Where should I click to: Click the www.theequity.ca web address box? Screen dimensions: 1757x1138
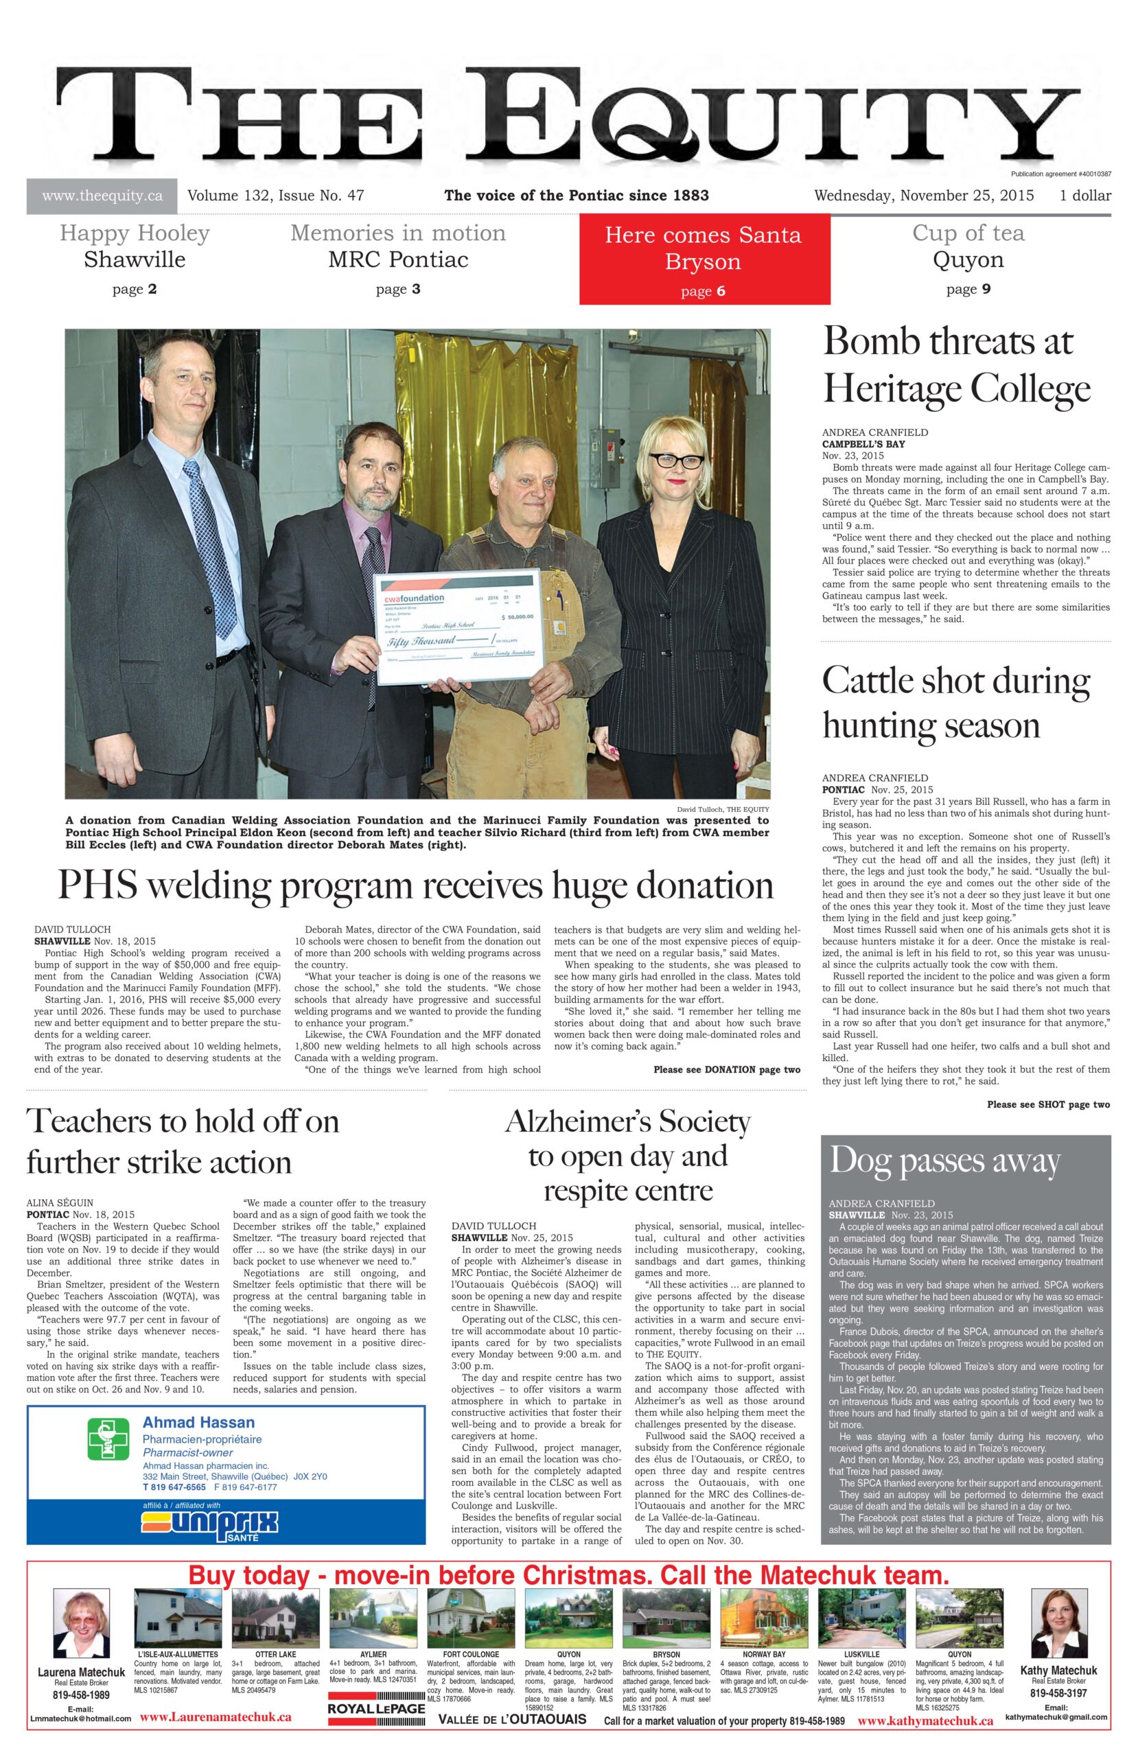coord(102,196)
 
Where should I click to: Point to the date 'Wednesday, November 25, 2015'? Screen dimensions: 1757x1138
coord(923,196)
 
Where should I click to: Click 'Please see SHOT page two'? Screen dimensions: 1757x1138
coord(1047,1105)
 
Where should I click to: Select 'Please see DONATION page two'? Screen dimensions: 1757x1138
coord(726,1070)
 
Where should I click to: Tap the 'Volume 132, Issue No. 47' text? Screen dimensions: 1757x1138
coord(275,196)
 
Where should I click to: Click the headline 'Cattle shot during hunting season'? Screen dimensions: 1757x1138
coord(955,702)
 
